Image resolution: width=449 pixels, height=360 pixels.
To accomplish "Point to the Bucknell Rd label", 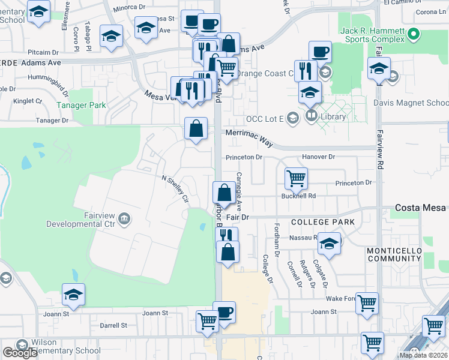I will pyautogui.click(x=298, y=196).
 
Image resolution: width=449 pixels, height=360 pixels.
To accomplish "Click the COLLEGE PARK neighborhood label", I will pyautogui.click(x=322, y=222).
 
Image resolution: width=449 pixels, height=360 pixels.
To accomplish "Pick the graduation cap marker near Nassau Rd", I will pyautogui.click(x=328, y=243).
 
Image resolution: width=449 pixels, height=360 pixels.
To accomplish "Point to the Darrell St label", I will pyautogui.click(x=113, y=325).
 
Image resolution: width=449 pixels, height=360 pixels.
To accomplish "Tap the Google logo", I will pyautogui.click(x=20, y=353).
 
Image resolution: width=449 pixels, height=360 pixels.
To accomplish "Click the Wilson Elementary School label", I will pyautogui.click(x=59, y=346).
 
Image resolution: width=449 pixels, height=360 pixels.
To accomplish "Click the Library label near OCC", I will pyautogui.click(x=333, y=116).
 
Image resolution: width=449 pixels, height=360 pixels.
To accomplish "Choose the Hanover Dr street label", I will pyautogui.click(x=318, y=157).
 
